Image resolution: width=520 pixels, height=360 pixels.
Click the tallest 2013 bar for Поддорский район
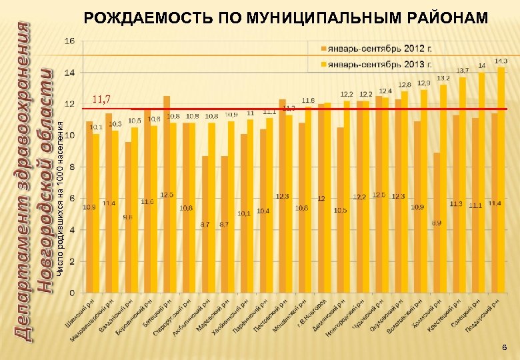[x=501, y=180]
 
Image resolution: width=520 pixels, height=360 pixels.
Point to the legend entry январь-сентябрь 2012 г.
[x=373, y=49]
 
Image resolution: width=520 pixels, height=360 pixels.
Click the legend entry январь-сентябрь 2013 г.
[x=373, y=64]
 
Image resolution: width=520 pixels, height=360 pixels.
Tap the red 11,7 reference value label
[x=101, y=100]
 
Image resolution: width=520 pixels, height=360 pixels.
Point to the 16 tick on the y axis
[x=69, y=41]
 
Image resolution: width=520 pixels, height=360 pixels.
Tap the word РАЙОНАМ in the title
[x=453, y=16]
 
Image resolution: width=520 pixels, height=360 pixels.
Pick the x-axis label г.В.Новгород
[x=312, y=312]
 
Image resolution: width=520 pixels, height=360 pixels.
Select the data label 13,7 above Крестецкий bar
[x=462, y=70]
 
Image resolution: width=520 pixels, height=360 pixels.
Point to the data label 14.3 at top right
[x=501, y=61]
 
